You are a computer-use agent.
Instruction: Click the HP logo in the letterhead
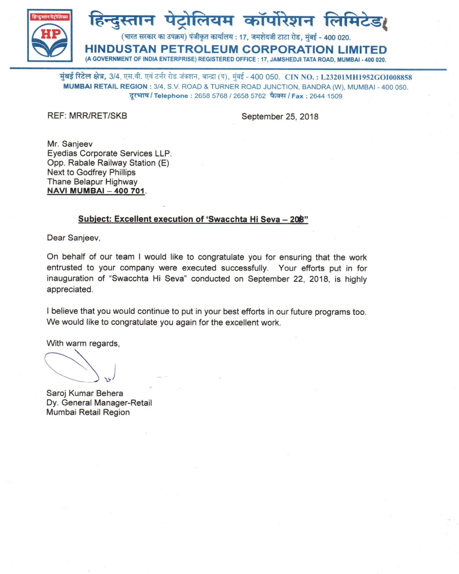tap(50, 36)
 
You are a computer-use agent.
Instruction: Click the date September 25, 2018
tap(280, 117)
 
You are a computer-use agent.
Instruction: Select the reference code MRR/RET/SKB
tap(98, 116)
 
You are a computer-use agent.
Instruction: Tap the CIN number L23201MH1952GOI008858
tap(366, 77)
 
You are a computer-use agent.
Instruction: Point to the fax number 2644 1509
tap(326, 96)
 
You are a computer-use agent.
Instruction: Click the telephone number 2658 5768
tap(211, 96)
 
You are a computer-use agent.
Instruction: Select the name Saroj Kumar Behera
tap(85, 393)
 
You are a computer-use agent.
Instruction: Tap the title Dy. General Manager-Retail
tap(99, 403)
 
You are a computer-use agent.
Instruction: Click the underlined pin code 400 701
tap(129, 191)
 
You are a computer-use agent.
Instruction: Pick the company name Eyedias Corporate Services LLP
tap(109, 153)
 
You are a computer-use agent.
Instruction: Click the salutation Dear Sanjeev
tap(73, 238)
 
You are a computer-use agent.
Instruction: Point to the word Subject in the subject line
tap(94, 219)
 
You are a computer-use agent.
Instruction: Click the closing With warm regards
tap(83, 344)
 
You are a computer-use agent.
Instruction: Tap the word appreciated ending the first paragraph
tap(70, 290)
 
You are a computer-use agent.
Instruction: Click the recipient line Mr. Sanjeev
tap(70, 144)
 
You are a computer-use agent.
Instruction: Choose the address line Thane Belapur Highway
tap(92, 182)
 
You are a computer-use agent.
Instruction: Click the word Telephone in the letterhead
tap(171, 96)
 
